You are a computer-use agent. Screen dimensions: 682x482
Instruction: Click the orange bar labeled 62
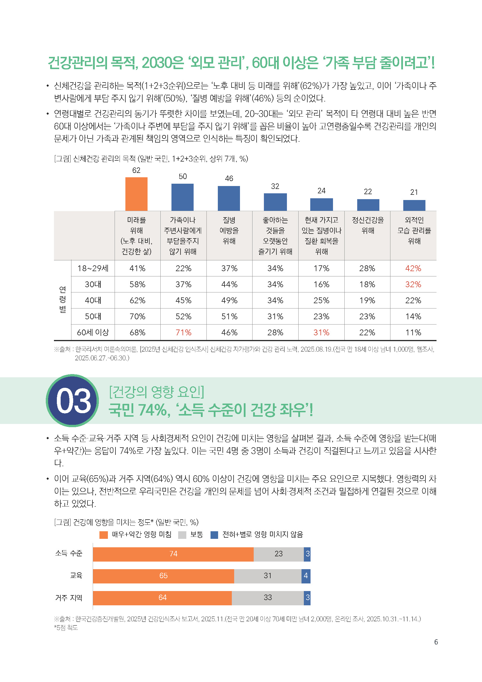click(136, 194)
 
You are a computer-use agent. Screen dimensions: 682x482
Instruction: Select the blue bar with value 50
click(182, 197)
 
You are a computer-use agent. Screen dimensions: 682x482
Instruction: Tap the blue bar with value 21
click(414, 205)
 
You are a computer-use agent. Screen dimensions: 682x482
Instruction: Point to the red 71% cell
click(183, 332)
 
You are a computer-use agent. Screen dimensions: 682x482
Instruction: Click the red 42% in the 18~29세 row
click(413, 268)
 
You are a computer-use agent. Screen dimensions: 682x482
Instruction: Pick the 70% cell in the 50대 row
click(137, 316)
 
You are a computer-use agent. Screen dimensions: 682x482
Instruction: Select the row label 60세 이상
click(93, 332)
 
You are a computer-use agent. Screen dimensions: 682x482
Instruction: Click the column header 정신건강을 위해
click(368, 225)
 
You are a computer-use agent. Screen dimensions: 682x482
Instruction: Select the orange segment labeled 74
click(173, 554)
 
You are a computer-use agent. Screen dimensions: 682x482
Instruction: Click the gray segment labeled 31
click(268, 576)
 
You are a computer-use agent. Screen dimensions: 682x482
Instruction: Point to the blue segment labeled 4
click(306, 576)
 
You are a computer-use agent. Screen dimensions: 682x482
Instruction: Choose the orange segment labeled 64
click(162, 597)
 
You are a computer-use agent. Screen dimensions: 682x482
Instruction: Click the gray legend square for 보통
click(182, 535)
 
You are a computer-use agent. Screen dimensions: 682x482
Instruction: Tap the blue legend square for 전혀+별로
click(214, 535)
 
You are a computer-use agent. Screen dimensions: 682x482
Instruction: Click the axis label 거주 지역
click(69, 598)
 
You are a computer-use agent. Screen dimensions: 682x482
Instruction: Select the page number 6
click(436, 642)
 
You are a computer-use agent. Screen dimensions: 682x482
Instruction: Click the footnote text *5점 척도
click(66, 627)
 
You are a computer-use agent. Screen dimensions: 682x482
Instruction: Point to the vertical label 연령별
click(62, 299)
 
